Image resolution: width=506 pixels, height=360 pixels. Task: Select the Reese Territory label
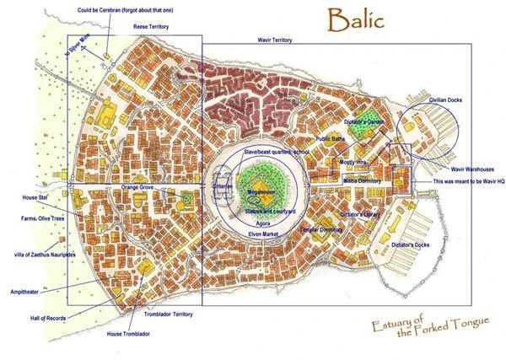(137, 27)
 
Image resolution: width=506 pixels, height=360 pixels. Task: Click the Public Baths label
(334, 138)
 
